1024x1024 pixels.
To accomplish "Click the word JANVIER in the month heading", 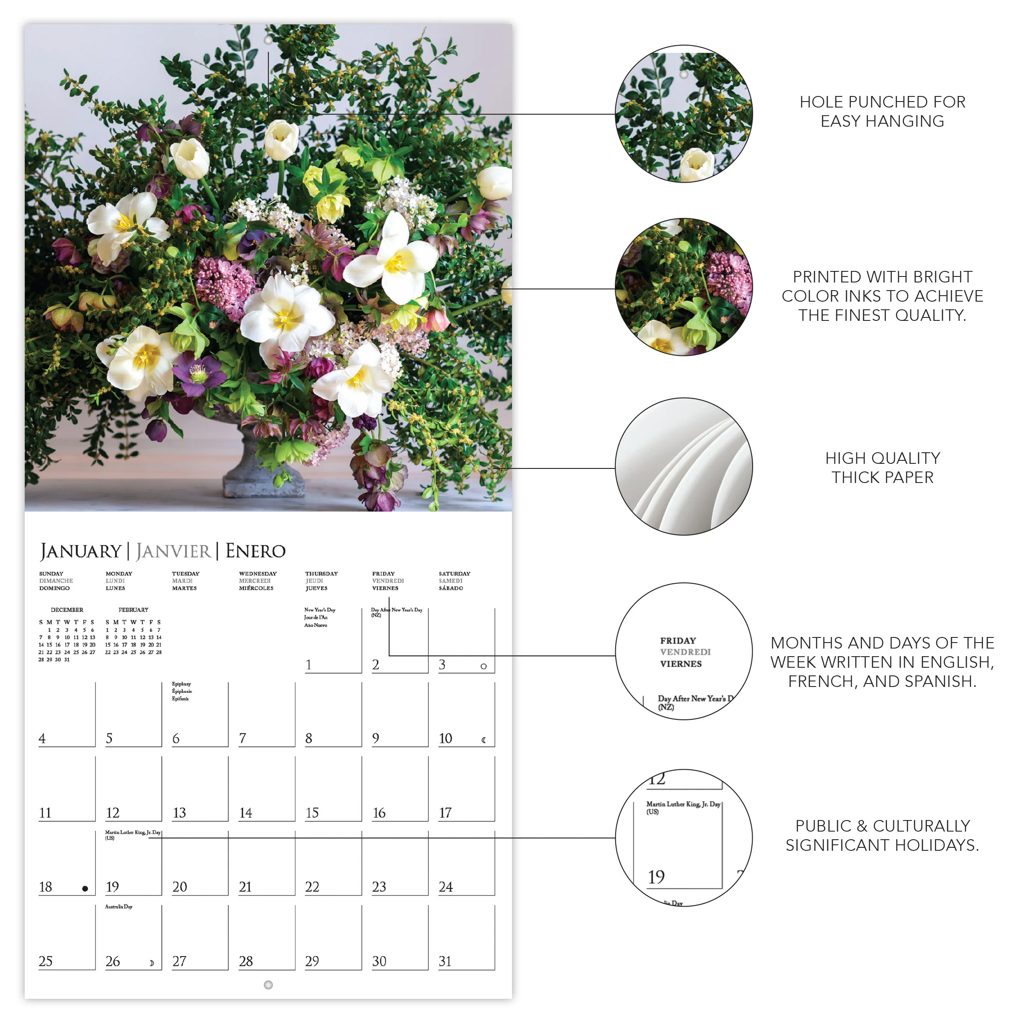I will pyautogui.click(x=173, y=551).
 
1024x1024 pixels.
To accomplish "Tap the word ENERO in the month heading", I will pyautogui.click(x=256, y=551).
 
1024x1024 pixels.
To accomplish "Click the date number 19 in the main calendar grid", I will pyautogui.click(x=112, y=887).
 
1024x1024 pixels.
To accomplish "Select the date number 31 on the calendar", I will pyautogui.click(x=445, y=961).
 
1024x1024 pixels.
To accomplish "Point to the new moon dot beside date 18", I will pyautogui.click(x=85, y=889).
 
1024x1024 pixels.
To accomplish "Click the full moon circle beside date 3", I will pyautogui.click(x=483, y=666).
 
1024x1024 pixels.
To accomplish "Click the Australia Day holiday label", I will pyautogui.click(x=119, y=906).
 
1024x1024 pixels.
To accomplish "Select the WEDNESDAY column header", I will pyautogui.click(x=258, y=573).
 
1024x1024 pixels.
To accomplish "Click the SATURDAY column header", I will pyautogui.click(x=454, y=573).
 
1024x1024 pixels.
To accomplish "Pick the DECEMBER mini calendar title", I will pyautogui.click(x=67, y=610).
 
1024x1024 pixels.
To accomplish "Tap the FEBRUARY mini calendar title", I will pyautogui.click(x=133, y=610).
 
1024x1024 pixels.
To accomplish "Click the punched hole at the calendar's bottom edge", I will pyautogui.click(x=268, y=985).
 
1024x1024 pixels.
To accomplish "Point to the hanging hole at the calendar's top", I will pyautogui.click(x=268, y=40).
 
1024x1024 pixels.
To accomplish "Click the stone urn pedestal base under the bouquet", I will pyautogui.click(x=263, y=480).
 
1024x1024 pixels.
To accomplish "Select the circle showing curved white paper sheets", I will pyautogui.click(x=684, y=466).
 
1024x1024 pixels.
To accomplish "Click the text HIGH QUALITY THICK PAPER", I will pyautogui.click(x=882, y=468).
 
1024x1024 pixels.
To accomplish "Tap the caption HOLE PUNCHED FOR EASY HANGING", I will pyautogui.click(x=882, y=111).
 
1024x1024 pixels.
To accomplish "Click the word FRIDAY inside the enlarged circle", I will pyautogui.click(x=678, y=640).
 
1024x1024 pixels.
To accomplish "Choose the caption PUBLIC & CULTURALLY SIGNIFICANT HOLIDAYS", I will pyautogui.click(x=882, y=835).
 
